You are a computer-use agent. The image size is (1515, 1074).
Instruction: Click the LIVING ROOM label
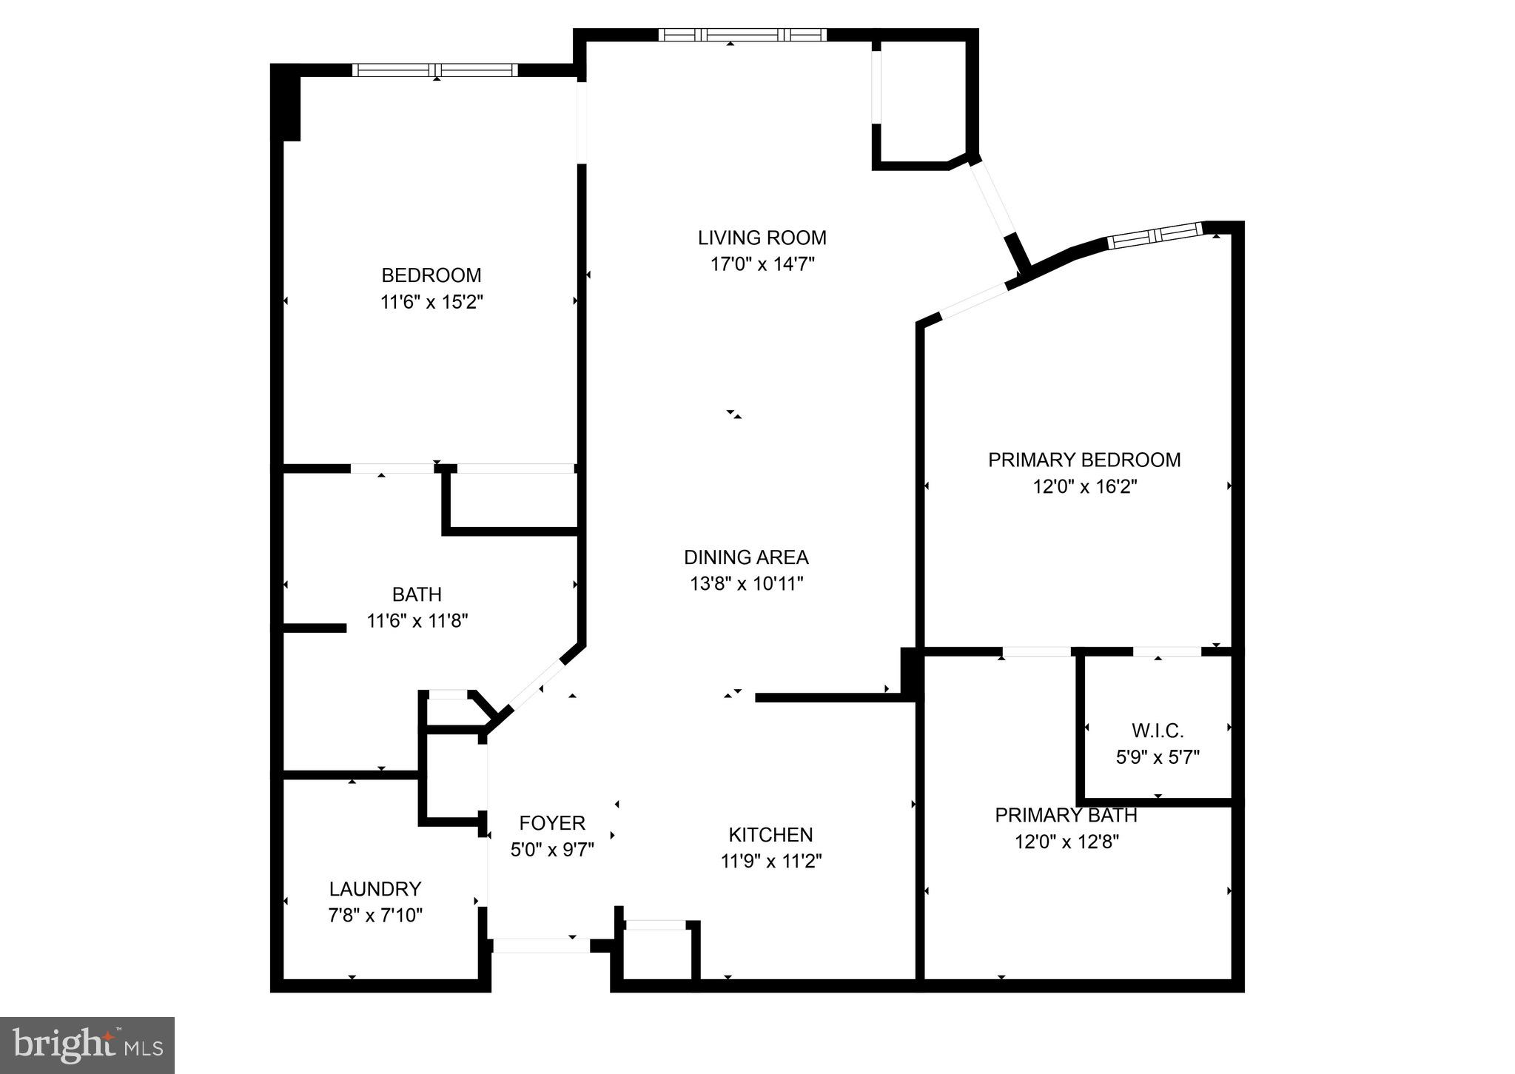click(762, 238)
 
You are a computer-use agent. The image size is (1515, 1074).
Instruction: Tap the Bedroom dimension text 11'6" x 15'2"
click(431, 302)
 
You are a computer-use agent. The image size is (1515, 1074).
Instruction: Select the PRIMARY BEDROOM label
click(1084, 460)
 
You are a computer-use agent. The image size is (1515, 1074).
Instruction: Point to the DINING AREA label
click(746, 557)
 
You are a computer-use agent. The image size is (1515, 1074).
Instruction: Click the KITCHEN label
click(770, 834)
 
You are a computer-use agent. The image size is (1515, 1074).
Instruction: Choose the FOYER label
click(552, 822)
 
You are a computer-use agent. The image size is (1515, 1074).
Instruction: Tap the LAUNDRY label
click(375, 888)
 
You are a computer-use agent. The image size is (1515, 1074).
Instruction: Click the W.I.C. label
click(1158, 731)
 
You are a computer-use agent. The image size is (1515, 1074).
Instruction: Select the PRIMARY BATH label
click(1066, 815)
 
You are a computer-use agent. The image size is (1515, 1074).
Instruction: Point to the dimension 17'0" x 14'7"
click(762, 264)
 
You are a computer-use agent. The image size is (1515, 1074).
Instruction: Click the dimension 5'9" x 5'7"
click(1158, 757)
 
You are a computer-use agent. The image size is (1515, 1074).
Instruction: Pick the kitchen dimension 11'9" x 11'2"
click(771, 861)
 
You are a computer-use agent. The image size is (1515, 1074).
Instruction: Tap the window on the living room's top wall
click(742, 35)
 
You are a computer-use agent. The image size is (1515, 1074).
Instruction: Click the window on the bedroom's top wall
click(435, 70)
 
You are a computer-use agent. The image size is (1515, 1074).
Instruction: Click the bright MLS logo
click(87, 1045)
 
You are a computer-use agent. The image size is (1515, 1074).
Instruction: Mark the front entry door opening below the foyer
click(541, 945)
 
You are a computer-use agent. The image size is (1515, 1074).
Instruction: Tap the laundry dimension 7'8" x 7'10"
click(375, 916)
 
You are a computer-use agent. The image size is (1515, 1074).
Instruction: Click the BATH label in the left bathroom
click(417, 594)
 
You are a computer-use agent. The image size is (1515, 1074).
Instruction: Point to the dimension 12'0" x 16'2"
click(1084, 486)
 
